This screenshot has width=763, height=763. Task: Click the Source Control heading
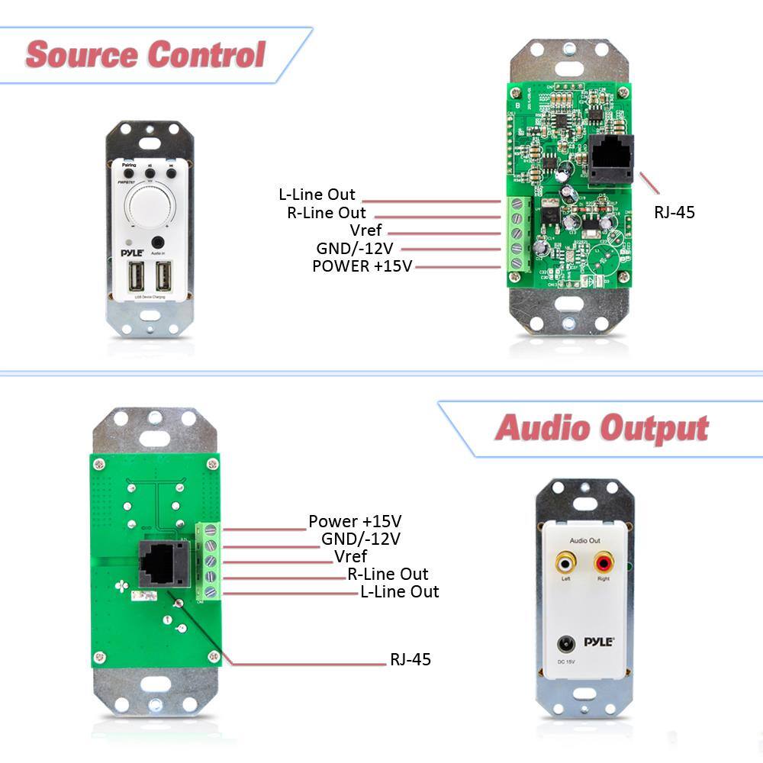[145, 55]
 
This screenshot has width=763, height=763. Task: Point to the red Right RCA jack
[604, 565]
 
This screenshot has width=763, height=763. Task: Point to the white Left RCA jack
[565, 565]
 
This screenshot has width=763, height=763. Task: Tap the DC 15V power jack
[566, 644]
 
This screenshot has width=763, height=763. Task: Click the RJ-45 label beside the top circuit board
[674, 212]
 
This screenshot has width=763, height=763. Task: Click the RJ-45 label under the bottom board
[410, 659]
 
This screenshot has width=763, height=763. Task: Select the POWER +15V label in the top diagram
[362, 266]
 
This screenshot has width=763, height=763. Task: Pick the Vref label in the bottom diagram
[350, 556]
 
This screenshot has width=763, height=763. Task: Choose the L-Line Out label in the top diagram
[317, 195]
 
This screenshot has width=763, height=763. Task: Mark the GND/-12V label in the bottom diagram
[360, 539]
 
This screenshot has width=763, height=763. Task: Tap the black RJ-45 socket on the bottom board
[163, 564]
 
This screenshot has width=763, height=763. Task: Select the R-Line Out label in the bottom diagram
[388, 574]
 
